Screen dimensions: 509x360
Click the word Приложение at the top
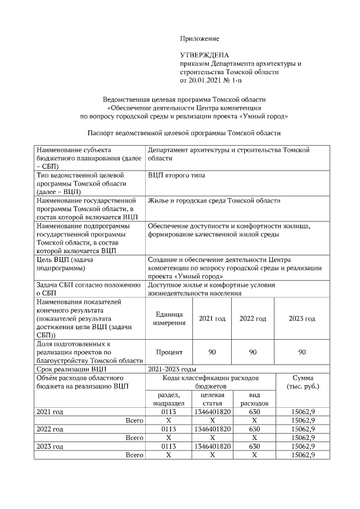tap(199, 38)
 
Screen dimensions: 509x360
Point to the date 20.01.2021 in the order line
tap(205, 80)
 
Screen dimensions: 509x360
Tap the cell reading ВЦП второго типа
tap(176, 175)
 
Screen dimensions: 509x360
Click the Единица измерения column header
tap(169, 318)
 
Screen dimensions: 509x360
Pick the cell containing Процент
tap(169, 352)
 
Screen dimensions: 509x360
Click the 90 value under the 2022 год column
tap(253, 352)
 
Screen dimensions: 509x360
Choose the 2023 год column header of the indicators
tap(301, 318)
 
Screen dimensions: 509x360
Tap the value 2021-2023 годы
tap(172, 370)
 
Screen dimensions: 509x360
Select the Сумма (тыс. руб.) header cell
tap(303, 382)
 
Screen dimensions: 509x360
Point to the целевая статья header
tap(212, 399)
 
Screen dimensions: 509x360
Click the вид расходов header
tap(254, 399)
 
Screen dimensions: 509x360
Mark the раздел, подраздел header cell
tap(169, 399)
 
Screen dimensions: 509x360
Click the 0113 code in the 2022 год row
tap(169, 429)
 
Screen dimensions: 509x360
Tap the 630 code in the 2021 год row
tap(254, 412)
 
